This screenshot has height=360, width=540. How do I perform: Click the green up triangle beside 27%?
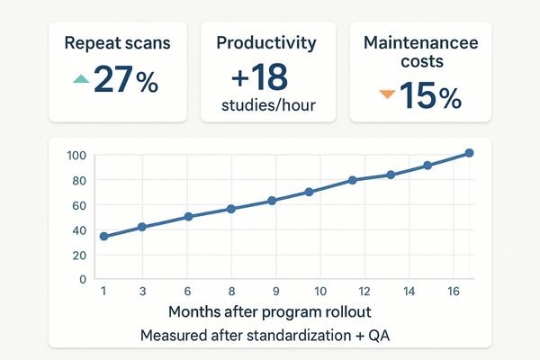tap(80, 79)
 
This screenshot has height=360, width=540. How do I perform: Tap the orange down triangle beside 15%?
tap(386, 93)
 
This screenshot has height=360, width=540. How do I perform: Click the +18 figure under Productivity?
tap(268, 74)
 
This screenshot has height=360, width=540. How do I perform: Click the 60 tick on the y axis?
tap(77, 206)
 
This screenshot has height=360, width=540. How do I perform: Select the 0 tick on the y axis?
tap(82, 279)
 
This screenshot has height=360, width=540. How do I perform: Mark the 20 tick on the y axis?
tap(77, 256)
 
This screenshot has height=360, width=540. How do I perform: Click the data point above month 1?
tap(103, 236)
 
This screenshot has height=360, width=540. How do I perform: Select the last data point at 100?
tap(468, 153)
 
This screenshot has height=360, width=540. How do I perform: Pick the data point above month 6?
tap(189, 217)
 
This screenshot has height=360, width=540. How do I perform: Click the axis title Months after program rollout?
tap(268, 313)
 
